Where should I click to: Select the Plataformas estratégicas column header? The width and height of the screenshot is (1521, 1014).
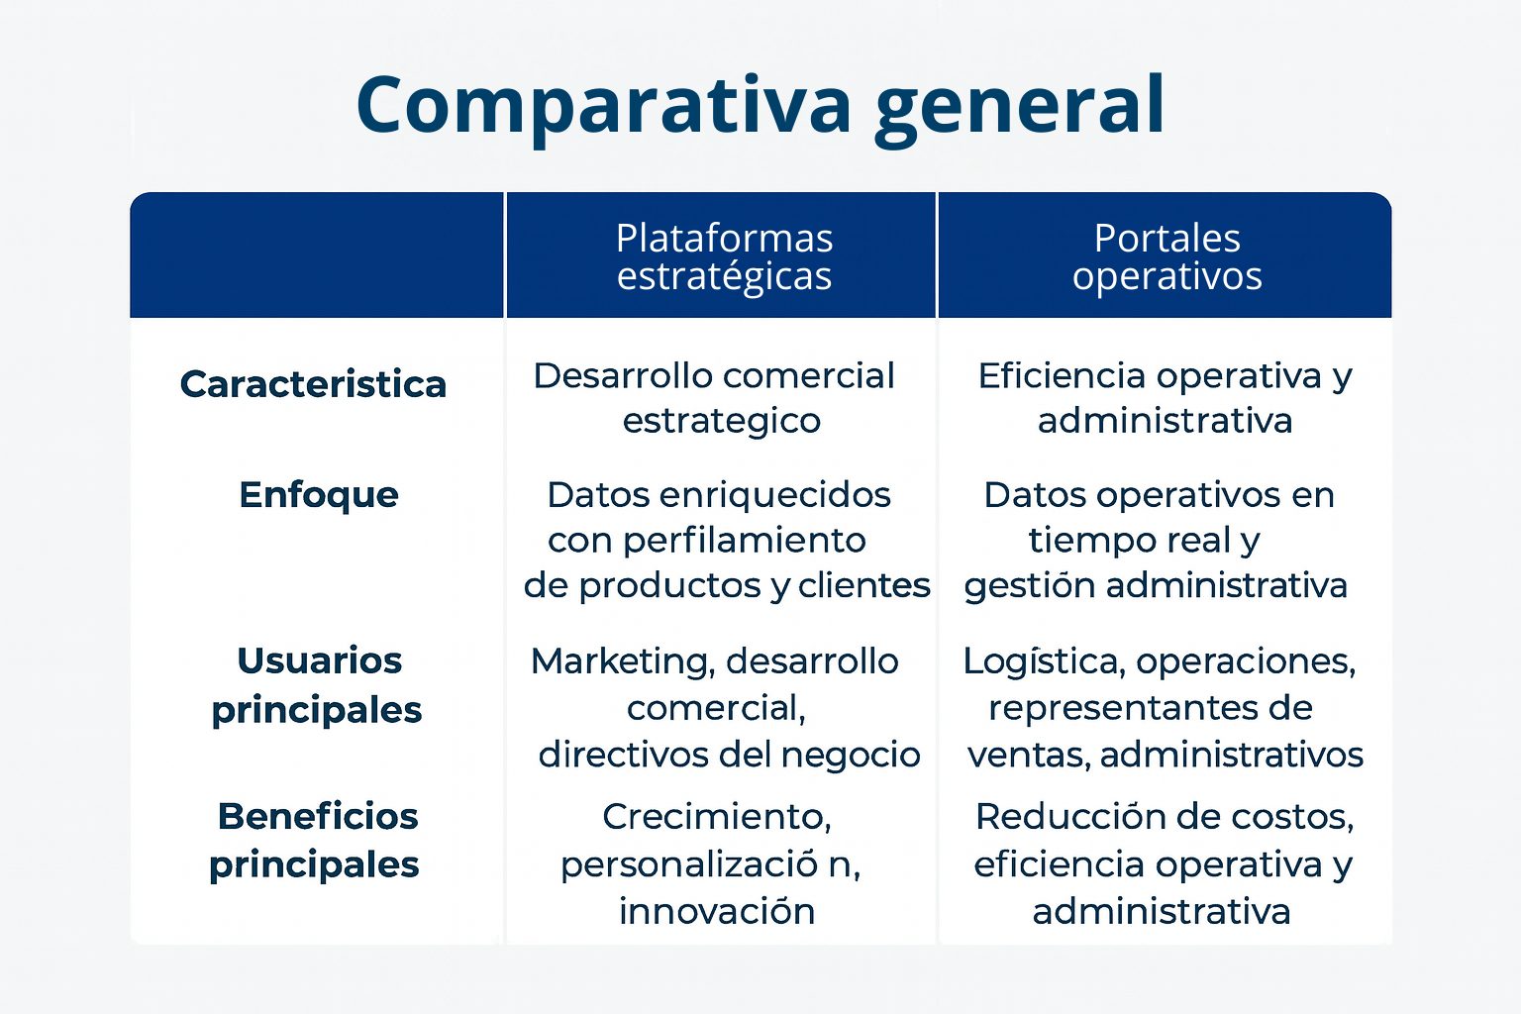pyautogui.click(x=724, y=256)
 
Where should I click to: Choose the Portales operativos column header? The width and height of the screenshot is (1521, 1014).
pyautogui.click(x=1166, y=256)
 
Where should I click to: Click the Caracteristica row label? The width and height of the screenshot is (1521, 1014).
pyautogui.click(x=313, y=384)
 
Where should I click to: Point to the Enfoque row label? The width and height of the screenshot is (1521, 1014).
pyautogui.click(x=319, y=496)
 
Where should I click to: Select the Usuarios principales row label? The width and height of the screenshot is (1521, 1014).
pyautogui.click(x=317, y=685)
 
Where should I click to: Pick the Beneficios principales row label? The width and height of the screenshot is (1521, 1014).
pyautogui.click(x=315, y=841)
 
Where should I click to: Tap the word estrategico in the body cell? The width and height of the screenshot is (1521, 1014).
pyautogui.click(x=722, y=422)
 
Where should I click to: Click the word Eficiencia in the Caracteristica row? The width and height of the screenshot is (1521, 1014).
pyautogui.click(x=1062, y=375)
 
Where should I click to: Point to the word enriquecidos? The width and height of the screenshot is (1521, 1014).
pyautogui.click(x=774, y=495)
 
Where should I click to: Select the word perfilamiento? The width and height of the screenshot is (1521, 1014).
pyautogui.click(x=745, y=542)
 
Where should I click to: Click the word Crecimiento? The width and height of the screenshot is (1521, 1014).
pyautogui.click(x=716, y=816)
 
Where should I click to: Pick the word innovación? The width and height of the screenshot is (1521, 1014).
pyautogui.click(x=716, y=911)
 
